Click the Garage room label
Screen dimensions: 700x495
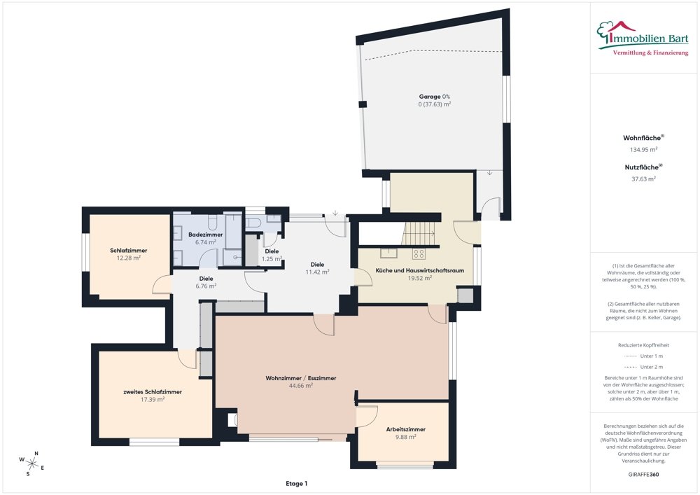[430, 97]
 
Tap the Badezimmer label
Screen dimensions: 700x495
[205, 235]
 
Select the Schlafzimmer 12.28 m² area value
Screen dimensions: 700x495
[129, 258]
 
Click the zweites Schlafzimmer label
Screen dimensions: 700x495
[153, 392]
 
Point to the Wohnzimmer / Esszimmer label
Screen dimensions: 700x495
[301, 378]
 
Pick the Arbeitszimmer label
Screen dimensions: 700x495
[406, 429]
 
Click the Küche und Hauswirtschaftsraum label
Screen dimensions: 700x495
[419, 270]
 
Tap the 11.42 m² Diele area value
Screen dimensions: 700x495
[317, 272]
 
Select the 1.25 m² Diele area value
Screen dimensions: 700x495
[272, 259]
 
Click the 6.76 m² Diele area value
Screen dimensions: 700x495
[206, 286]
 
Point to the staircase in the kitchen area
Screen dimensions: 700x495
[419, 233]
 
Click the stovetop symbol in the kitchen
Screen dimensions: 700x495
[419, 254]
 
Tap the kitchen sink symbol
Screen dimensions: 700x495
[388, 253]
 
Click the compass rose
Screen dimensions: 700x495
[31, 463]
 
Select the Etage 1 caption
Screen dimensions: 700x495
[296, 483]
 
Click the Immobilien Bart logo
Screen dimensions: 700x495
[643, 39]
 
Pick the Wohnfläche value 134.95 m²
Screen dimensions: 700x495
[643, 150]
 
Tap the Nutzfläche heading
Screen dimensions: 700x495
[642, 167]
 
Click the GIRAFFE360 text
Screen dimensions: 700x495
[643, 474]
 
